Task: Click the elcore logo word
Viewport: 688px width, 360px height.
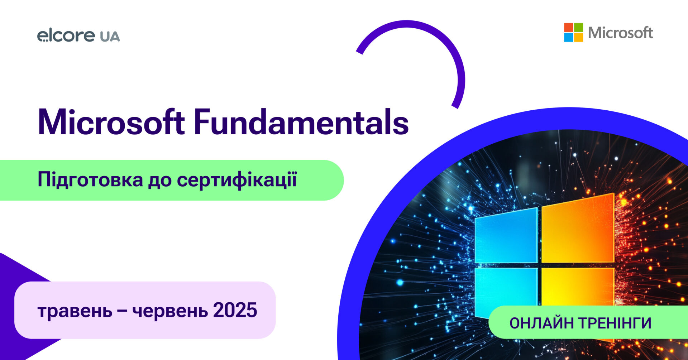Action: pos(66,35)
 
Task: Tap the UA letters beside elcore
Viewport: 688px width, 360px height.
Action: pos(110,37)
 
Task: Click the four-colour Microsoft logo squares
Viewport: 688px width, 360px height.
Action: pos(573,32)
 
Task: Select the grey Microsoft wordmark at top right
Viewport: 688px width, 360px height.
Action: pos(621,33)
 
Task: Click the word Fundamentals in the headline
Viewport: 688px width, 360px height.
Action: pos(301,122)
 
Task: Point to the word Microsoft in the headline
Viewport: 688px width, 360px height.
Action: pos(111,122)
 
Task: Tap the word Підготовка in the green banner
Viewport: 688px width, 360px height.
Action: pos(90,179)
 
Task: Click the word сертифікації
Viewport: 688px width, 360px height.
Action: pos(237,179)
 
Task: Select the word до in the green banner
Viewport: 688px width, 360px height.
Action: pos(160,181)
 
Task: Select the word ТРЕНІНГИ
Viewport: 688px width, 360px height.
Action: pos(615,323)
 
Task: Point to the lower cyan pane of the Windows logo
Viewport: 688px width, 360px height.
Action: pos(506,292)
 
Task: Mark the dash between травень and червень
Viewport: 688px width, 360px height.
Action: pos(122,311)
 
